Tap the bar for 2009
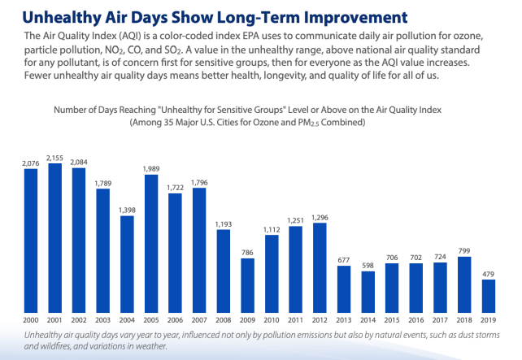pyautogui.click(x=246, y=285)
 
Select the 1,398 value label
pyautogui.click(x=127, y=210)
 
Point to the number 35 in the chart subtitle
pyautogui.click(x=179, y=122)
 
